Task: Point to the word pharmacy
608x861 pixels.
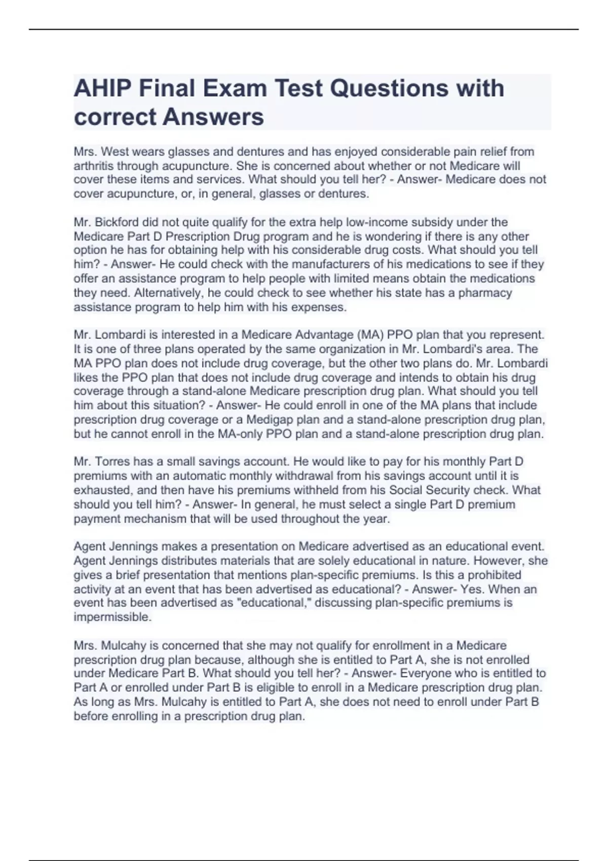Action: coord(485,293)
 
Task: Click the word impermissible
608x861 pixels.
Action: coord(112,617)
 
